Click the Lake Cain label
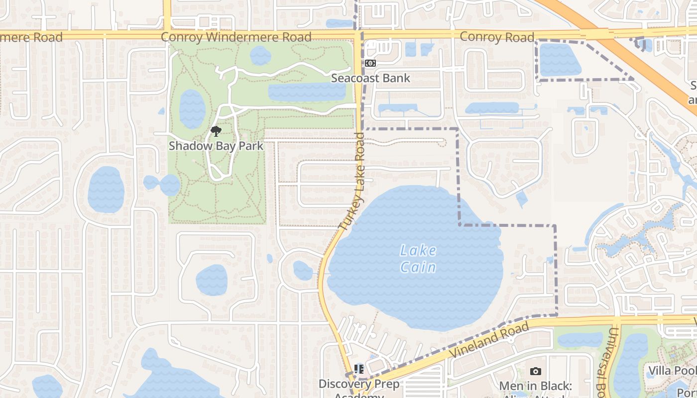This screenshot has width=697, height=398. [x=418, y=259]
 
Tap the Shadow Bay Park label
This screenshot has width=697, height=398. [x=216, y=146]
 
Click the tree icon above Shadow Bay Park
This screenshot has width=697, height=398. [x=216, y=131]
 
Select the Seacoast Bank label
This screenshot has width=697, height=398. [x=370, y=78]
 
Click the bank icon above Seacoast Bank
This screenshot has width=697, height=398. [x=370, y=63]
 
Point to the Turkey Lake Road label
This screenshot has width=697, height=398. [x=354, y=182]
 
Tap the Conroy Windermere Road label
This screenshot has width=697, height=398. [x=236, y=37]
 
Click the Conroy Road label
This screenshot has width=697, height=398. [x=496, y=37]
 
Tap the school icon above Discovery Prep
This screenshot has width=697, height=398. [x=358, y=369]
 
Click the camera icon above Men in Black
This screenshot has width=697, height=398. [x=535, y=371]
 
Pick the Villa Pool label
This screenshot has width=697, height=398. [x=671, y=371]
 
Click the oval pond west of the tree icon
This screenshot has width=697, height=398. [x=192, y=108]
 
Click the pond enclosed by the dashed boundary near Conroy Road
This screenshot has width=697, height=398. [x=560, y=60]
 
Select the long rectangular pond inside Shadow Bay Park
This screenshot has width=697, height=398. [x=306, y=93]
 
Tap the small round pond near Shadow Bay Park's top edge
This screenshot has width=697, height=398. [x=260, y=55]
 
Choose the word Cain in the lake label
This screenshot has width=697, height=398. [x=418, y=268]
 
